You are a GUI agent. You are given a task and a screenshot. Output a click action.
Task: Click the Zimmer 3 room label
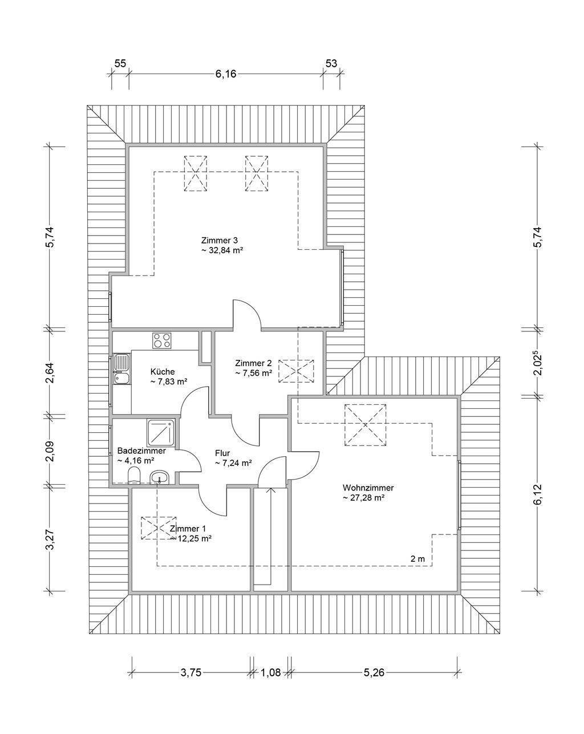tap(219, 240)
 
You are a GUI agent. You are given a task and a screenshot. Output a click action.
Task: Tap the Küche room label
tap(163, 371)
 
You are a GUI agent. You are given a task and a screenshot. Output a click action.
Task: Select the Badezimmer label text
tap(141, 451)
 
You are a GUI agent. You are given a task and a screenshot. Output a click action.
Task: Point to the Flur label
tap(222, 453)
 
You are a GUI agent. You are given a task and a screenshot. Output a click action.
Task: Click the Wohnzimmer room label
tap(368, 488)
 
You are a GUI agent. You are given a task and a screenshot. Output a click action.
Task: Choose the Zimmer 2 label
tap(253, 363)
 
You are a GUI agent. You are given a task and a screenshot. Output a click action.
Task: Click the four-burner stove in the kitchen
tap(161, 340)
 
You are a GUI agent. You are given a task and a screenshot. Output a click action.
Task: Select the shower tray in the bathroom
tap(161, 433)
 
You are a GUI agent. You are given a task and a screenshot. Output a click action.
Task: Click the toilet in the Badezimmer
tap(134, 475)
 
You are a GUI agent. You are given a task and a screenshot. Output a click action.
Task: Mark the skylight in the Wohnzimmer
tap(365, 425)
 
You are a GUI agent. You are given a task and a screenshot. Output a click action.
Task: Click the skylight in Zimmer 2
tap(296, 371)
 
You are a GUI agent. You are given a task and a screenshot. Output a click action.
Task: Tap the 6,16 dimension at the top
tap(225, 74)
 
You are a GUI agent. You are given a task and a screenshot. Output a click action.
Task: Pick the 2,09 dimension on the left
tap(50, 451)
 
